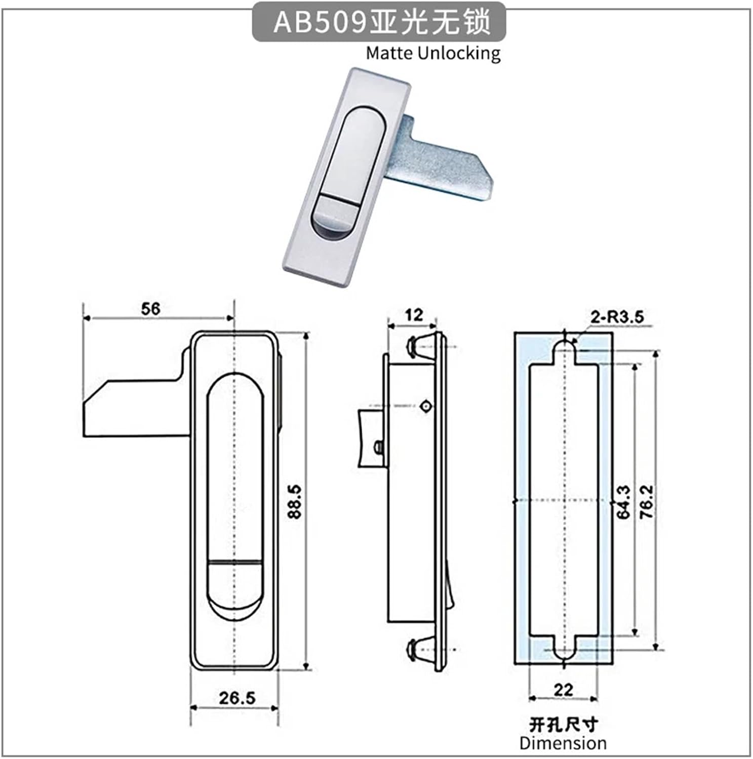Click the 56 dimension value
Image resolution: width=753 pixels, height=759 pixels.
click(x=150, y=308)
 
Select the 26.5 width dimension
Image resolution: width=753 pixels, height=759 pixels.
click(x=237, y=698)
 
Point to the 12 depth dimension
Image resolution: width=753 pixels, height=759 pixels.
click(x=414, y=315)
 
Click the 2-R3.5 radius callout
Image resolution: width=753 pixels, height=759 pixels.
click(x=617, y=317)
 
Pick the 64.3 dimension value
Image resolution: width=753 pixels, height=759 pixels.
click(x=624, y=501)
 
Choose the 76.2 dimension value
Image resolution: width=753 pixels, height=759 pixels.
click(x=647, y=501)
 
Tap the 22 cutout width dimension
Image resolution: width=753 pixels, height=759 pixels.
click(x=563, y=689)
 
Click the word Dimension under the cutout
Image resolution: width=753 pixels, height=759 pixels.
click(x=563, y=743)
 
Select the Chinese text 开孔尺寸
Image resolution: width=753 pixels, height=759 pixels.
click(x=563, y=725)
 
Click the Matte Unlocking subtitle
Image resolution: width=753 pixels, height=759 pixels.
click(x=433, y=53)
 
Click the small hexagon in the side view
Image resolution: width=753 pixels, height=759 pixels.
click(x=425, y=406)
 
